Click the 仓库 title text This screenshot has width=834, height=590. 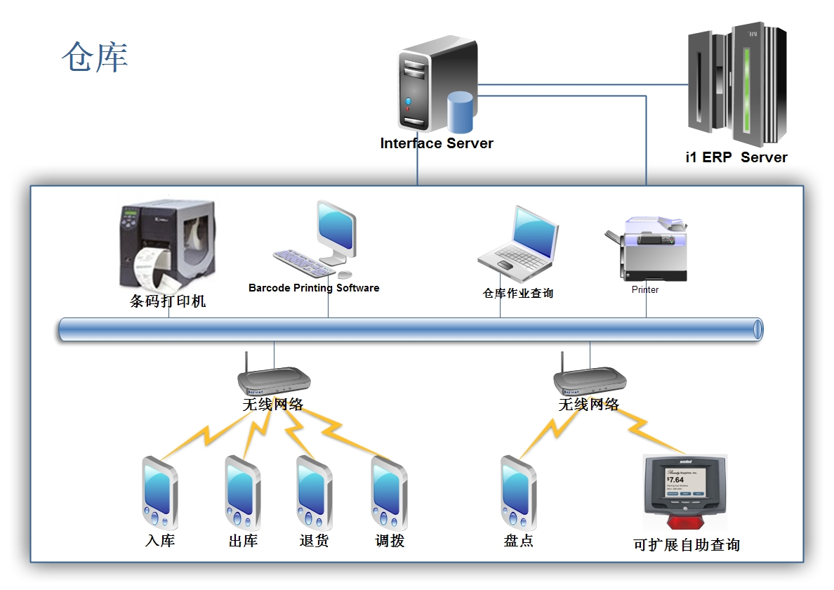pyautogui.click(x=95, y=57)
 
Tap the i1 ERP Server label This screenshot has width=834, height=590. pyautogui.click(x=736, y=157)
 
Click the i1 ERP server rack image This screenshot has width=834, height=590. pyautogui.click(x=737, y=84)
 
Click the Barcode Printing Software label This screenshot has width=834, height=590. pyautogui.click(x=314, y=288)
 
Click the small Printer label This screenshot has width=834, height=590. pyautogui.click(x=645, y=289)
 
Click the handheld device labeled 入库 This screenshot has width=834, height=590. pyautogui.click(x=159, y=493)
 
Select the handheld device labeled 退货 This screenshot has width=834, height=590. pyautogui.click(x=313, y=493)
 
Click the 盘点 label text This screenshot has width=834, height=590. pyautogui.click(x=519, y=541)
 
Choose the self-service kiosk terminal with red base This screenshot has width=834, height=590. pyautogui.click(x=685, y=492)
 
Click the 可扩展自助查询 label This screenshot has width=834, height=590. pyautogui.click(x=686, y=544)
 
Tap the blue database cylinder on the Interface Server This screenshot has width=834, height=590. pyautogui.click(x=461, y=112)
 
